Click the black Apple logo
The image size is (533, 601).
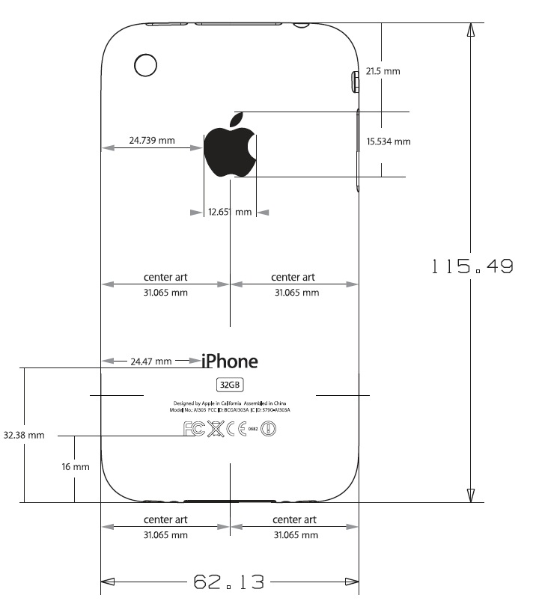pyautogui.click(x=231, y=146)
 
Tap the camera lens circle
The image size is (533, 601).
pyautogui.click(x=145, y=64)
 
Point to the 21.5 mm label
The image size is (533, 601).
pyautogui.click(x=383, y=72)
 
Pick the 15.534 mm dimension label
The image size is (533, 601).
pyautogui.click(x=389, y=141)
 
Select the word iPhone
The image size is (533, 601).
pyautogui.click(x=230, y=361)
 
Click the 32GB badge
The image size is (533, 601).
pyautogui.click(x=229, y=385)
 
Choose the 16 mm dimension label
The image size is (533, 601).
pyautogui.click(x=76, y=467)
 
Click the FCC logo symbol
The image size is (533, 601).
pyautogui.click(x=194, y=429)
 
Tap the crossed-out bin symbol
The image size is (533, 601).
pyautogui.click(x=216, y=429)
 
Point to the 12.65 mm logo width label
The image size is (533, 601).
pyautogui.click(x=230, y=213)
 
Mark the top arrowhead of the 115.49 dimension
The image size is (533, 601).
pyautogui.click(x=470, y=30)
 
